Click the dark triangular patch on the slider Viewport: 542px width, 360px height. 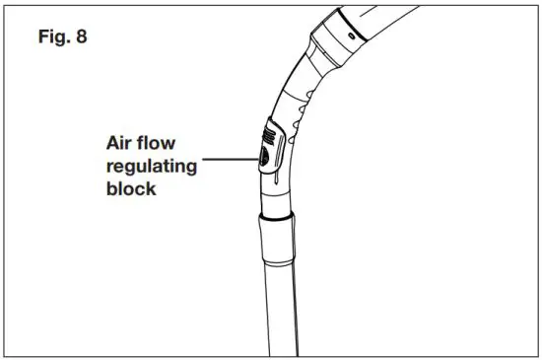(x=265, y=155)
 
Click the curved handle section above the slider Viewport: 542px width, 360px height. (x=301, y=89)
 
